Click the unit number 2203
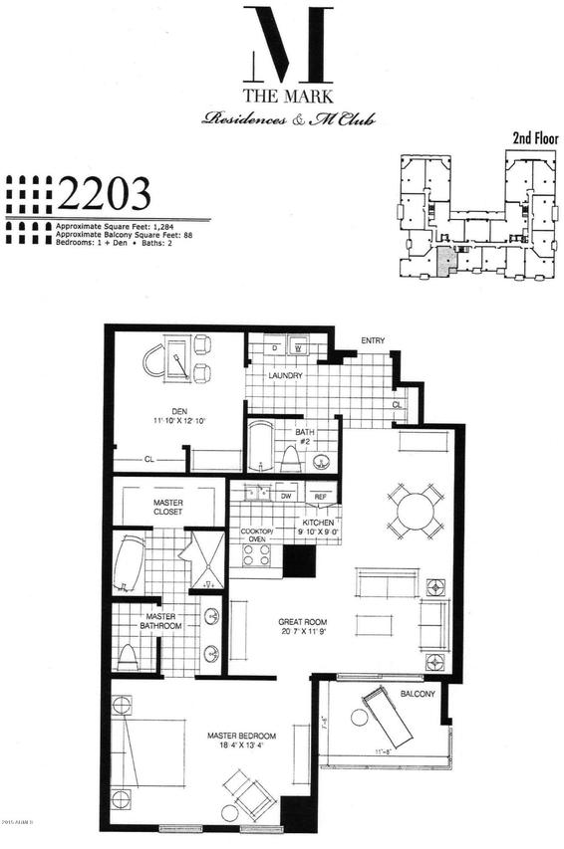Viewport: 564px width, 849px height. click(104, 192)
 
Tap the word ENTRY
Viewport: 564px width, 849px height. click(373, 341)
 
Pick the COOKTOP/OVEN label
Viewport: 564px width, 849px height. click(257, 535)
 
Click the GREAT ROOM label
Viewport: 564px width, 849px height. click(302, 622)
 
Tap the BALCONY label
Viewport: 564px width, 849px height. click(418, 693)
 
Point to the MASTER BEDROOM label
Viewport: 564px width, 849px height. click(240, 737)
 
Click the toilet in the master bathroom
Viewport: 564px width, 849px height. click(127, 657)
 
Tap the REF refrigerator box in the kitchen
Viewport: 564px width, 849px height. click(321, 496)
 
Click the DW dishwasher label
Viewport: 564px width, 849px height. click(285, 495)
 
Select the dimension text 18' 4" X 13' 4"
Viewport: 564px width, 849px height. click(240, 746)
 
